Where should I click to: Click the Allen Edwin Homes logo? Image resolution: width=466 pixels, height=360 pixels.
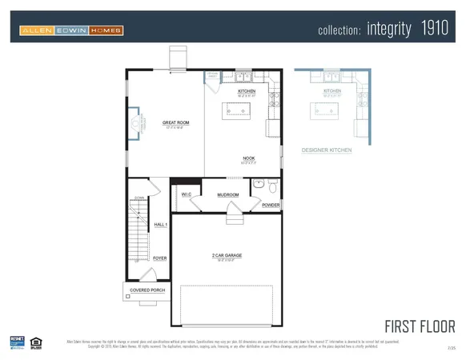[x=71, y=30]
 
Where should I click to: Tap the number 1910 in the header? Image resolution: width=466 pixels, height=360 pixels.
[x=436, y=30]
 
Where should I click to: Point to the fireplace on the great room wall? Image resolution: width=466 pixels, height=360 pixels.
[x=137, y=123]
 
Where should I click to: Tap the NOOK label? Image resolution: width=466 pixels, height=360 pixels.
[x=249, y=158]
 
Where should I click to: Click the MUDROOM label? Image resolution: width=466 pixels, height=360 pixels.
[x=228, y=194]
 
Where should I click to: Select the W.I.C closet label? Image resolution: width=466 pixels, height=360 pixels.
[x=187, y=194]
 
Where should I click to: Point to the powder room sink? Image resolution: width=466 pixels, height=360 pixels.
[x=258, y=184]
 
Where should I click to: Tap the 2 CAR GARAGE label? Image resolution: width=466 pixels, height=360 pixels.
[x=227, y=255]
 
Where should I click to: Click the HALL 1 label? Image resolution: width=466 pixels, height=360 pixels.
[x=160, y=225]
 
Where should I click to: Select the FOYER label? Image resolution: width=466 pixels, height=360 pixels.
[x=160, y=258]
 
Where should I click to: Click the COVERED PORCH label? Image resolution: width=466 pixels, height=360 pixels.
[x=145, y=290]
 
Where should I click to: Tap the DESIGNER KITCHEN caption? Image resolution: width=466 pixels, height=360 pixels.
[x=326, y=150]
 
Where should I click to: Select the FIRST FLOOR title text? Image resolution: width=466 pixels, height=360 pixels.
[x=420, y=326]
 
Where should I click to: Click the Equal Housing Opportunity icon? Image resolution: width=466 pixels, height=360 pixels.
[x=36, y=342]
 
